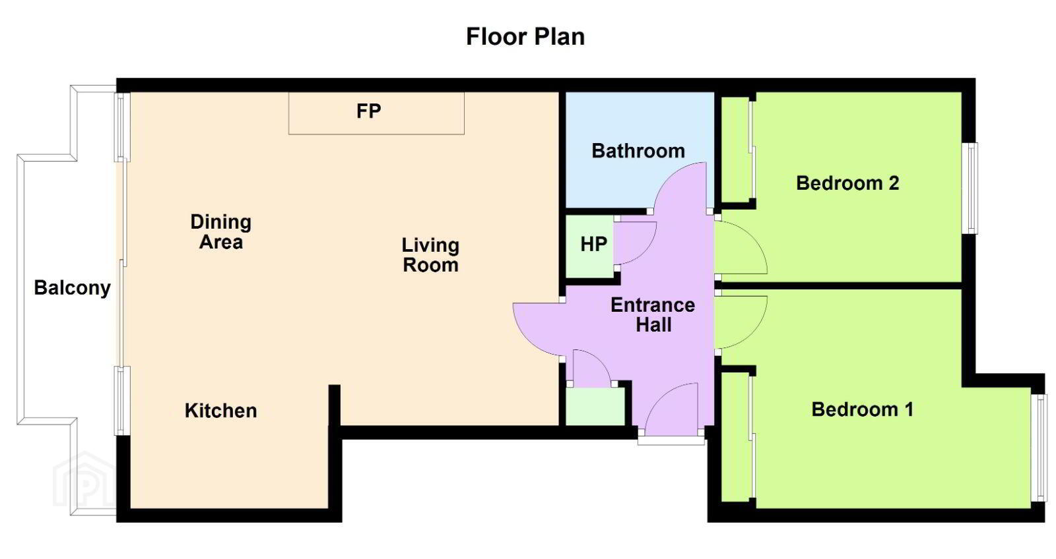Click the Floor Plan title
[525, 37]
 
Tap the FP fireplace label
[369, 111]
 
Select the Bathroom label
[638, 151]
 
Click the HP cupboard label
[593, 245]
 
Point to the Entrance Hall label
[653, 315]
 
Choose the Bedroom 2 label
[847, 183]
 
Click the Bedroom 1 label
[862, 409]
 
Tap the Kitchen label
[220, 411]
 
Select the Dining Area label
[220, 231]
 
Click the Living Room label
[430, 254]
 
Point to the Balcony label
[72, 288]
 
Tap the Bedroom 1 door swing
[740, 322]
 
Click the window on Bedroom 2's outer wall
[970, 189]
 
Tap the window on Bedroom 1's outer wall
[1039, 448]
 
